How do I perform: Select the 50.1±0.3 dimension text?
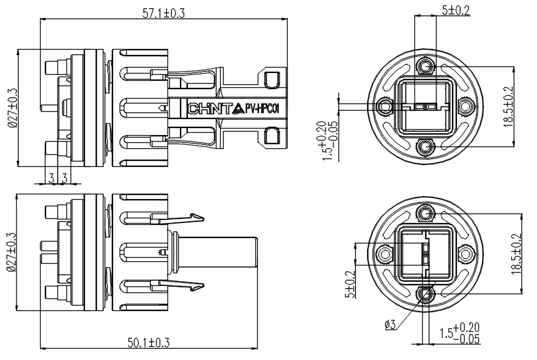[x=149, y=343]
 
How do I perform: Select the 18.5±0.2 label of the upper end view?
[x=508, y=106]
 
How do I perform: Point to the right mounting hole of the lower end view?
[x=465, y=254]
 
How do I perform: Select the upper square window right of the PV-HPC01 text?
[x=272, y=80]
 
